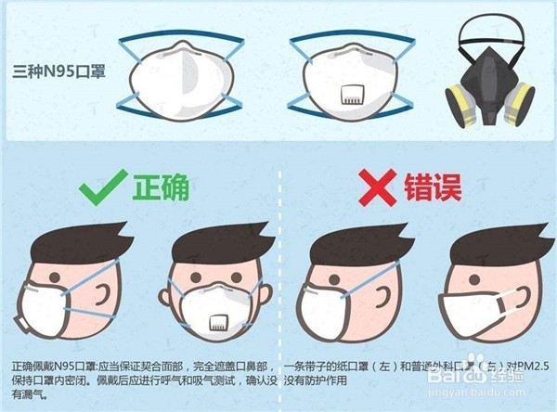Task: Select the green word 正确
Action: [160, 188]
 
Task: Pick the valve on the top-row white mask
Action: [352, 92]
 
